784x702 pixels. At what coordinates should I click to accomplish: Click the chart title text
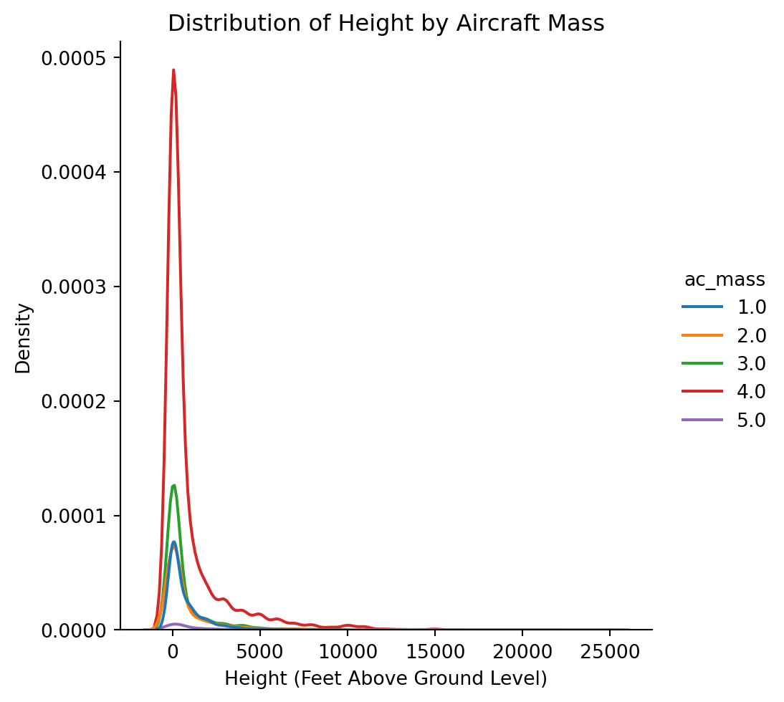pyautogui.click(x=386, y=24)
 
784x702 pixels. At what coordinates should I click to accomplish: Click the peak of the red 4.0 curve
pyautogui.click(x=173, y=70)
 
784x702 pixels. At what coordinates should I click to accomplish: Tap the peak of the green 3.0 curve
pyautogui.click(x=173, y=486)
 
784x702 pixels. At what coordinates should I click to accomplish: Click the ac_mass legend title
pyautogui.click(x=725, y=279)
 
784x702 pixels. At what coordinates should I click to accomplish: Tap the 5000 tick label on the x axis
pyautogui.click(x=259, y=651)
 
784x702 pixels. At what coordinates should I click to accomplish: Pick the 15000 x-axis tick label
pyautogui.click(x=434, y=651)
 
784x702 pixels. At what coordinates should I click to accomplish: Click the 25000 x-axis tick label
pyautogui.click(x=609, y=651)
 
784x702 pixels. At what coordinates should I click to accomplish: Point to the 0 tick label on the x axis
pyautogui.click(x=173, y=651)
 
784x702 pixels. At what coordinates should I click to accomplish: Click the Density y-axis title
pyautogui.click(x=24, y=338)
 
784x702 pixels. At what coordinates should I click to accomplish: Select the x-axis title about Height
pyautogui.click(x=386, y=678)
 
